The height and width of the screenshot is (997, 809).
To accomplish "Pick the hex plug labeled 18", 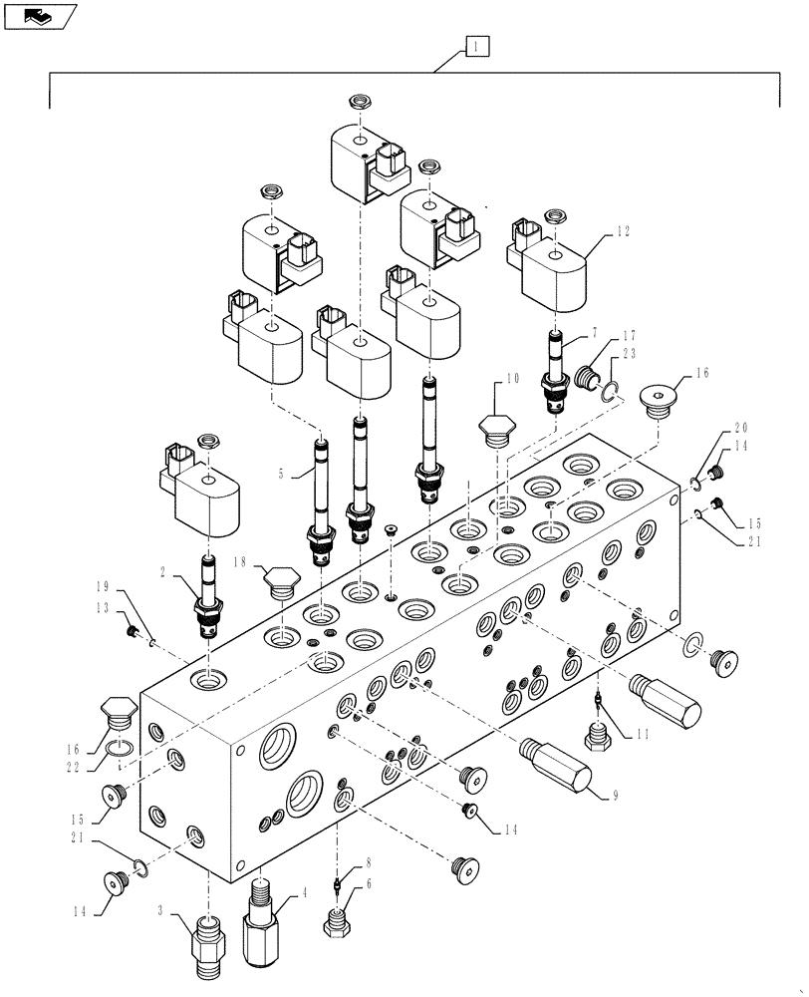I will tap(279, 581).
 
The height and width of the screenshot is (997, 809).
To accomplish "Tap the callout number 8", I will tap(340, 864).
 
